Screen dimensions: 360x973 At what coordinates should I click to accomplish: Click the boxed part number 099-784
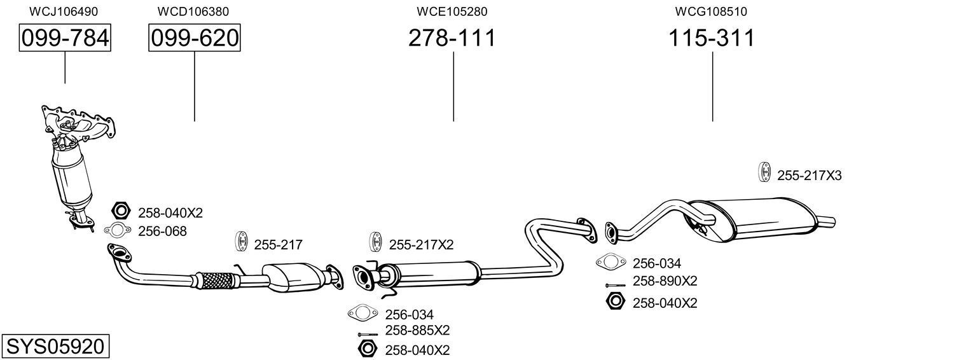pyautogui.click(x=64, y=39)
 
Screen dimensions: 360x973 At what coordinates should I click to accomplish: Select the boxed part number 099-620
pyautogui.click(x=195, y=39)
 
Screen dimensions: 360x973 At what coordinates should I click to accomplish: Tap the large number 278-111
pyautogui.click(x=452, y=39)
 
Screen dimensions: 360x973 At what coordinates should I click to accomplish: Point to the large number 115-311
pyautogui.click(x=711, y=39)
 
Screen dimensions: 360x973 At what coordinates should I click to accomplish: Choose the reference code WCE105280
pyautogui.click(x=452, y=11)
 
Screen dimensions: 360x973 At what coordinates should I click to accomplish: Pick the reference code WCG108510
pyautogui.click(x=711, y=11)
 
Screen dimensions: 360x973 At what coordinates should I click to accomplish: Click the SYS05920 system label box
pyautogui.click(x=55, y=347)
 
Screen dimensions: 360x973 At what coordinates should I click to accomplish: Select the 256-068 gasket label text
pyautogui.click(x=162, y=232)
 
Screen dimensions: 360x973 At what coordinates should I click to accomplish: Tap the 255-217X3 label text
pyautogui.click(x=809, y=176)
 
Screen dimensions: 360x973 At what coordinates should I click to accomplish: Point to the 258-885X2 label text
pyautogui.click(x=417, y=331)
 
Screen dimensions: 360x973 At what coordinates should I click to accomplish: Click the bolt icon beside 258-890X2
pyautogui.click(x=616, y=285)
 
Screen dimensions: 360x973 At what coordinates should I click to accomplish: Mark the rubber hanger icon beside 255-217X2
pyautogui.click(x=375, y=243)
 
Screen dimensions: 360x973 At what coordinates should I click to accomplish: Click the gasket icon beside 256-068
pyautogui.click(x=116, y=230)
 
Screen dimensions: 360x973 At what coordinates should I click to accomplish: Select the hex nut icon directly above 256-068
pyautogui.click(x=121, y=211)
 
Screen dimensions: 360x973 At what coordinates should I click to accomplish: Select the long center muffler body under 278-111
pyautogui.click(x=432, y=273)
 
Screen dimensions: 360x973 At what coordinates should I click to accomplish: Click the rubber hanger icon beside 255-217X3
pyautogui.click(x=764, y=173)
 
